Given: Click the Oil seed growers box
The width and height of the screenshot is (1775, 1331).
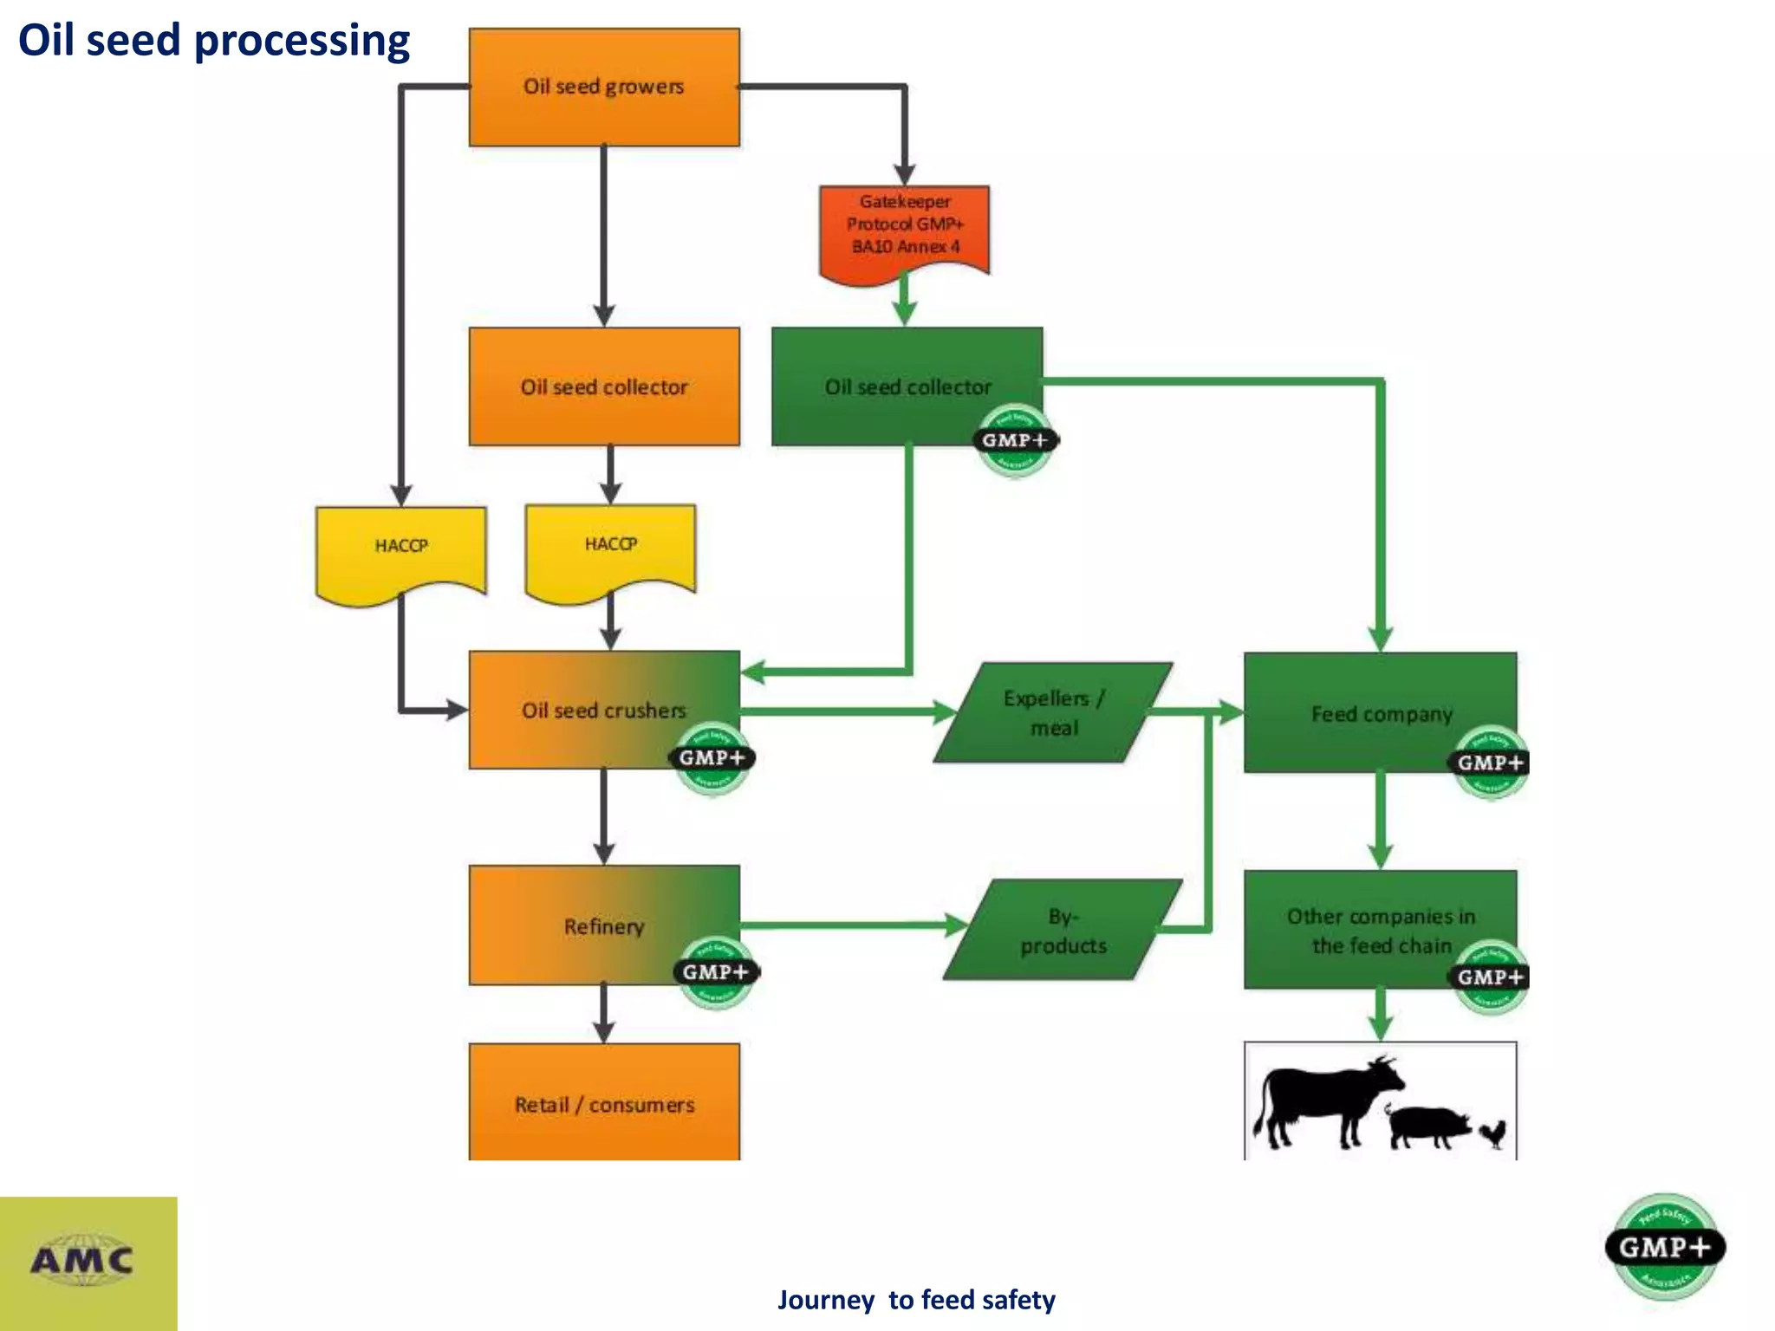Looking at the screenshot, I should click(604, 87).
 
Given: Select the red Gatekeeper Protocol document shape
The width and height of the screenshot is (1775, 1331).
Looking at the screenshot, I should click(904, 227).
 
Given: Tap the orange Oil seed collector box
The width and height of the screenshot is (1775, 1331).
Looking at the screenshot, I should click(604, 386).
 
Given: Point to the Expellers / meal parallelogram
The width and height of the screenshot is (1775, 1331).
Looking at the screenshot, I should click(1054, 712).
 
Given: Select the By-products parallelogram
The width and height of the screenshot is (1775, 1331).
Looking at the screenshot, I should click(1063, 930).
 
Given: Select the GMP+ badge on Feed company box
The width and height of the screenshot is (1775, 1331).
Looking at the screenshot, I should click(1490, 763).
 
